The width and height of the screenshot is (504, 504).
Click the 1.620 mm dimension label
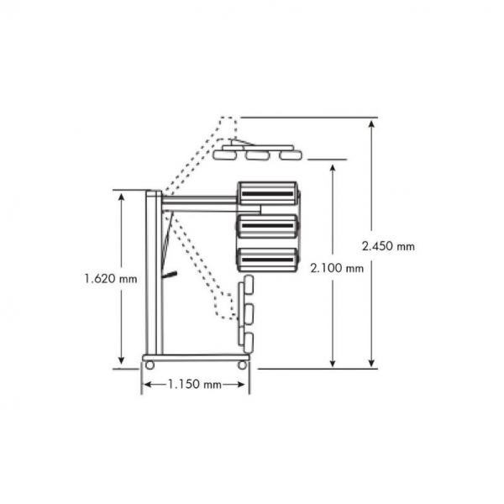click(x=111, y=278)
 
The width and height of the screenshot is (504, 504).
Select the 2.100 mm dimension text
click(x=337, y=268)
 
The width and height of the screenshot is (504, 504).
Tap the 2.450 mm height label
click(x=388, y=246)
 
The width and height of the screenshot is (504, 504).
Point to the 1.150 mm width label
click(x=195, y=384)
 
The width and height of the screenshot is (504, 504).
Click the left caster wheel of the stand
click(x=150, y=365)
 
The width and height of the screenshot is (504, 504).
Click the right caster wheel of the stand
click(x=242, y=365)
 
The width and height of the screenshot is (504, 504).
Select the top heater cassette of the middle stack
click(x=267, y=193)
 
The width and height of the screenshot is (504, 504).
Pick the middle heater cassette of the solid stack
click(x=267, y=226)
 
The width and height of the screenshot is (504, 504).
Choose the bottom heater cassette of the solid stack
click(x=267, y=260)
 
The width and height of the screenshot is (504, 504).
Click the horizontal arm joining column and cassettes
click(x=199, y=204)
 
